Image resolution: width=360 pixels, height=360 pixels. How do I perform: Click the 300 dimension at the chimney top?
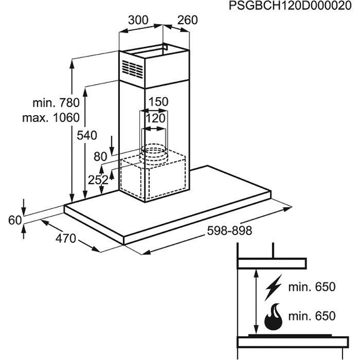pos(138,20)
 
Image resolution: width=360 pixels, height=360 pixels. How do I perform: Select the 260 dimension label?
pos(187,20)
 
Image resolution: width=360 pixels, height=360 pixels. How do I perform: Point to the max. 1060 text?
pos(51,118)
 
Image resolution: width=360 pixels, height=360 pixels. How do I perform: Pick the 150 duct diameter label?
pos(158,102)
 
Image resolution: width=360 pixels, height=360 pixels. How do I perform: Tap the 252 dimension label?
pos(98,179)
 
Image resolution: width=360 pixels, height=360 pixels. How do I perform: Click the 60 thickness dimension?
pos(15,220)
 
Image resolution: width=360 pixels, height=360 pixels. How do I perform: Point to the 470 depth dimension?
pos(65,239)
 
